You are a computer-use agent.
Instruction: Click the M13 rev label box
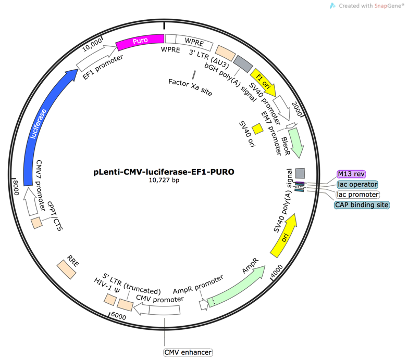tap(351, 174)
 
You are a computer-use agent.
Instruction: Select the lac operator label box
tap(358, 184)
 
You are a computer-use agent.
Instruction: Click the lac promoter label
tap(358, 194)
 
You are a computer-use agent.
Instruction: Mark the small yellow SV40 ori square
tap(257, 129)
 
